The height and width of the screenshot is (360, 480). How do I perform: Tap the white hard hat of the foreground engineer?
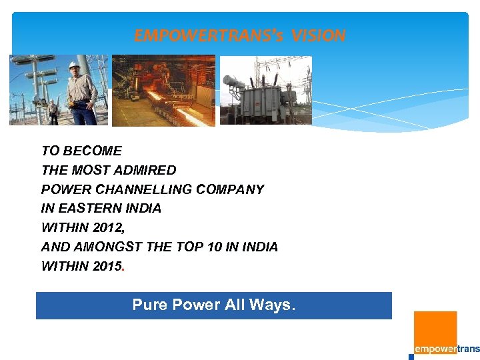point(73,65)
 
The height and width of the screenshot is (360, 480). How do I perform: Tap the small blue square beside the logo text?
point(411,356)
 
